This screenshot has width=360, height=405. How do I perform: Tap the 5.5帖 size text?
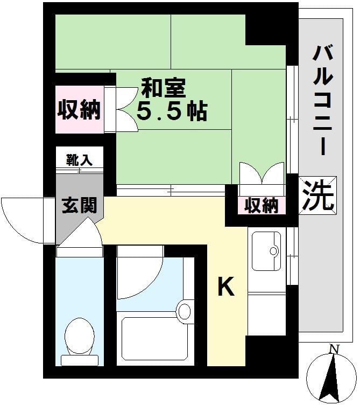point(171,111)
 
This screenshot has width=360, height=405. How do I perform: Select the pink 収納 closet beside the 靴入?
point(80,110)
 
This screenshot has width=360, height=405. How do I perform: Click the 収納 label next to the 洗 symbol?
point(262,206)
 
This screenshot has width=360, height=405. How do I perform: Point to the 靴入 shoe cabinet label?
point(80,159)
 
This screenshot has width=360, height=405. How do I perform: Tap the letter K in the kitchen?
point(226,288)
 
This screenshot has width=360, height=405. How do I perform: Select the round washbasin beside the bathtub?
point(185,311)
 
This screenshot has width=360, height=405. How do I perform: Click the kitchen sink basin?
point(266,250)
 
